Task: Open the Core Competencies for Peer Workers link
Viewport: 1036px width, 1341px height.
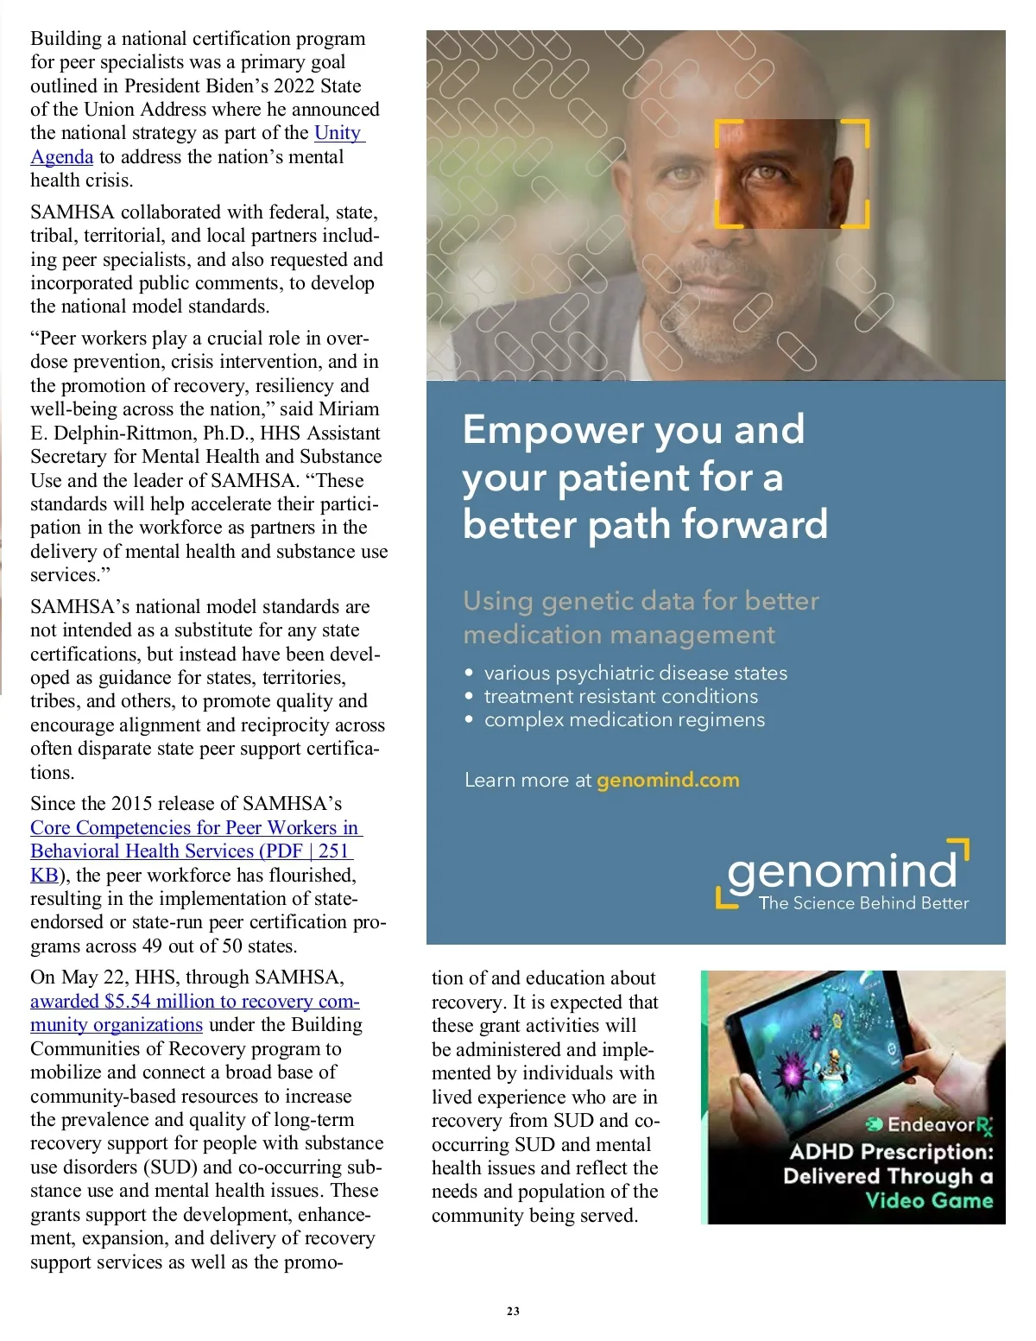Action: point(195,828)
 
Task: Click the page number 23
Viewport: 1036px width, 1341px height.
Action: point(513,1311)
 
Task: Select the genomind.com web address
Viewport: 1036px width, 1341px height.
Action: point(667,780)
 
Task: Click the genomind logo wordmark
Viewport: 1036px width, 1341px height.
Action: point(842,870)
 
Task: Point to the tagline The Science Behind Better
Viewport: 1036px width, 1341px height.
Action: point(863,903)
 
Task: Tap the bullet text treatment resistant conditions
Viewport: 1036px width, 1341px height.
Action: point(621,696)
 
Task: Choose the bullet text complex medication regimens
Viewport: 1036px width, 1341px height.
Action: point(624,719)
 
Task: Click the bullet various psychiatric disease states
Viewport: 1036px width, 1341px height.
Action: point(635,673)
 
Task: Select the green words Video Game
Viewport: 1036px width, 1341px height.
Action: point(929,1200)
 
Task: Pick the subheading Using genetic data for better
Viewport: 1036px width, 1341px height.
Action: point(641,601)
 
